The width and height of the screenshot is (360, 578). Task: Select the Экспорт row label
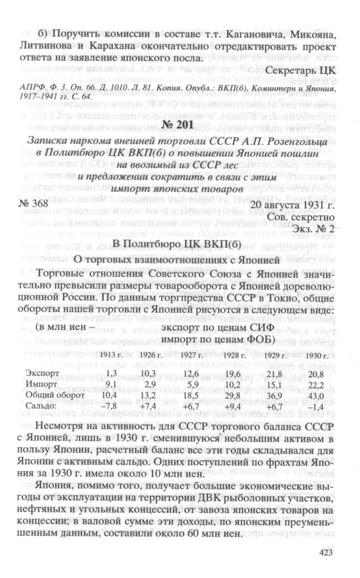(40, 373)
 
